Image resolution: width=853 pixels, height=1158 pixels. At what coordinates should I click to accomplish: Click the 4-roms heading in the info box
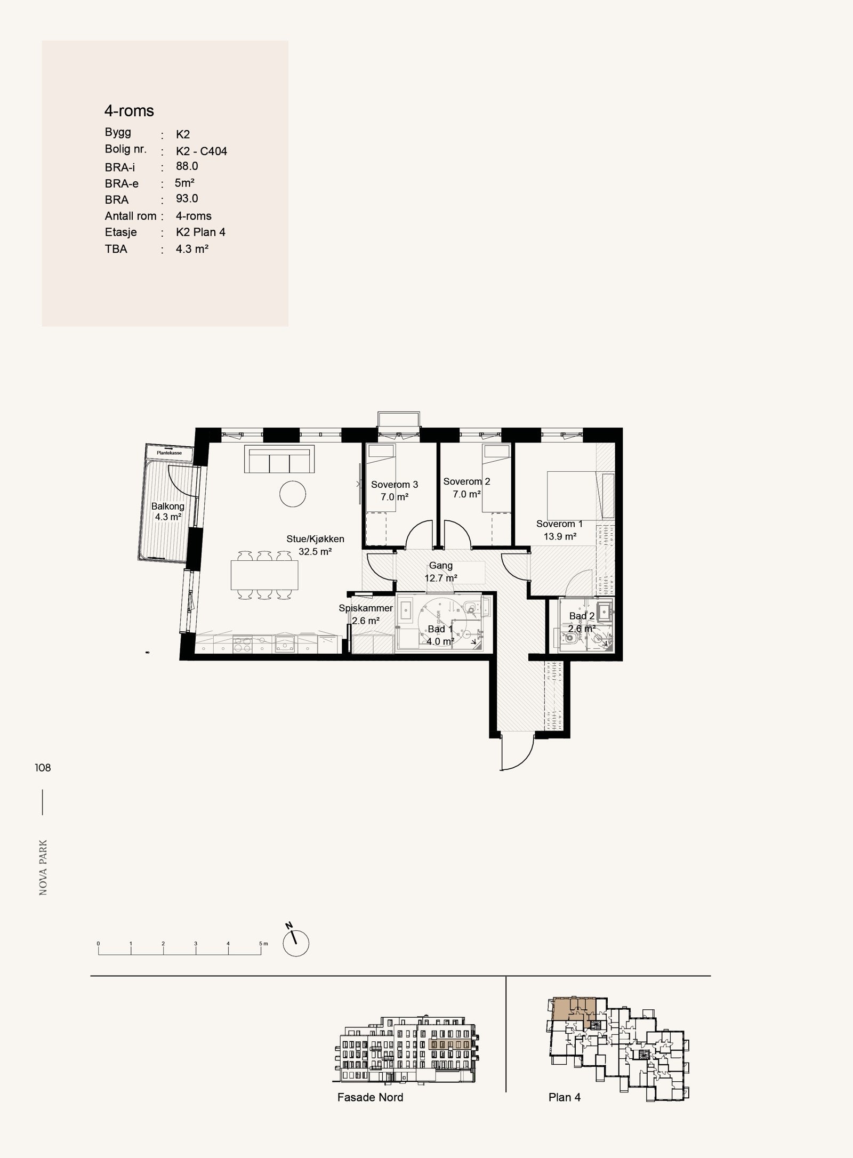129,111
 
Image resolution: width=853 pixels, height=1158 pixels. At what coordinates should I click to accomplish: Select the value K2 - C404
202,151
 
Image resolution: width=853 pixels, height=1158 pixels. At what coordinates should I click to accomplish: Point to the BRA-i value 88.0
187,166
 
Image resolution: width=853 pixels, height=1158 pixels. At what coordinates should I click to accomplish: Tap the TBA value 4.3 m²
192,249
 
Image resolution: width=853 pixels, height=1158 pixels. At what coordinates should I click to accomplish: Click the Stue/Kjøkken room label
315,539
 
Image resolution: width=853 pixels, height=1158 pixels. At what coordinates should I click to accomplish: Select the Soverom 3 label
395,485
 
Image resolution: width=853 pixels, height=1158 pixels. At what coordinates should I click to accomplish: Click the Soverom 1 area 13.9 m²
560,537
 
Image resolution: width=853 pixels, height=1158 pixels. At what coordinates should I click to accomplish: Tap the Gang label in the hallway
441,566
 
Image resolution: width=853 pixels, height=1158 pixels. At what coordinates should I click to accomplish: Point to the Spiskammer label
366,608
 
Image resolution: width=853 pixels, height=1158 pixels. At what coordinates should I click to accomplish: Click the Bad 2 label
581,616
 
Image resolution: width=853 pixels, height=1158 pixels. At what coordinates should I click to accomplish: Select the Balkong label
168,506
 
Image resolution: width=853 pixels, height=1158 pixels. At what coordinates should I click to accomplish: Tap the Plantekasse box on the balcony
169,453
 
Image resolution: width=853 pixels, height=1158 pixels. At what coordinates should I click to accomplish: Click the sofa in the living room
278,460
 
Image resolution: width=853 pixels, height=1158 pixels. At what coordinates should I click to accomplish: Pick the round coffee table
293,494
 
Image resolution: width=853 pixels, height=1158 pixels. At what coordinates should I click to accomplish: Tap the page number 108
43,768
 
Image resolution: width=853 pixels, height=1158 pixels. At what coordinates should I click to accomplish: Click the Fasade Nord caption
370,1097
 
